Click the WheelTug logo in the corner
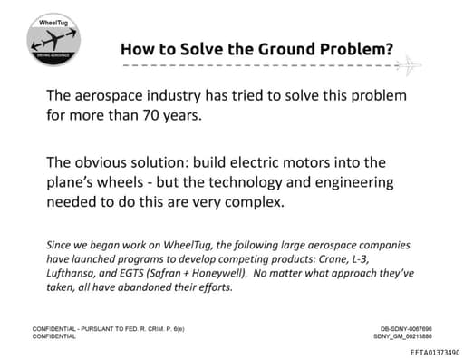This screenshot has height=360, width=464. [52, 36]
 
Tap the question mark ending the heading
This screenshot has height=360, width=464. [388, 49]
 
